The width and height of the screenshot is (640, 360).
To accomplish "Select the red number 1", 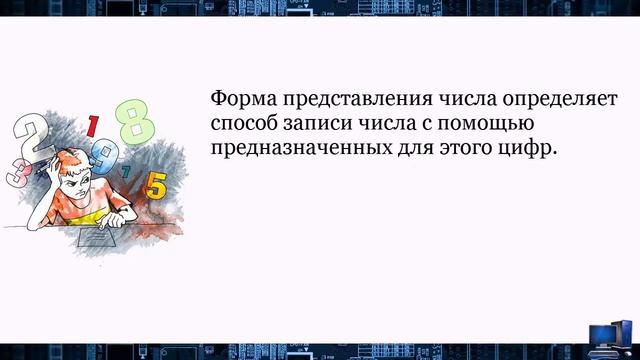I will (93, 126).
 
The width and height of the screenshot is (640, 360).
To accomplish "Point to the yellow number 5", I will (155, 184).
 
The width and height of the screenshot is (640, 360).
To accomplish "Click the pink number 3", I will (17, 171).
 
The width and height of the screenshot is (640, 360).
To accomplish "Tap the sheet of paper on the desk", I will (104, 241).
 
